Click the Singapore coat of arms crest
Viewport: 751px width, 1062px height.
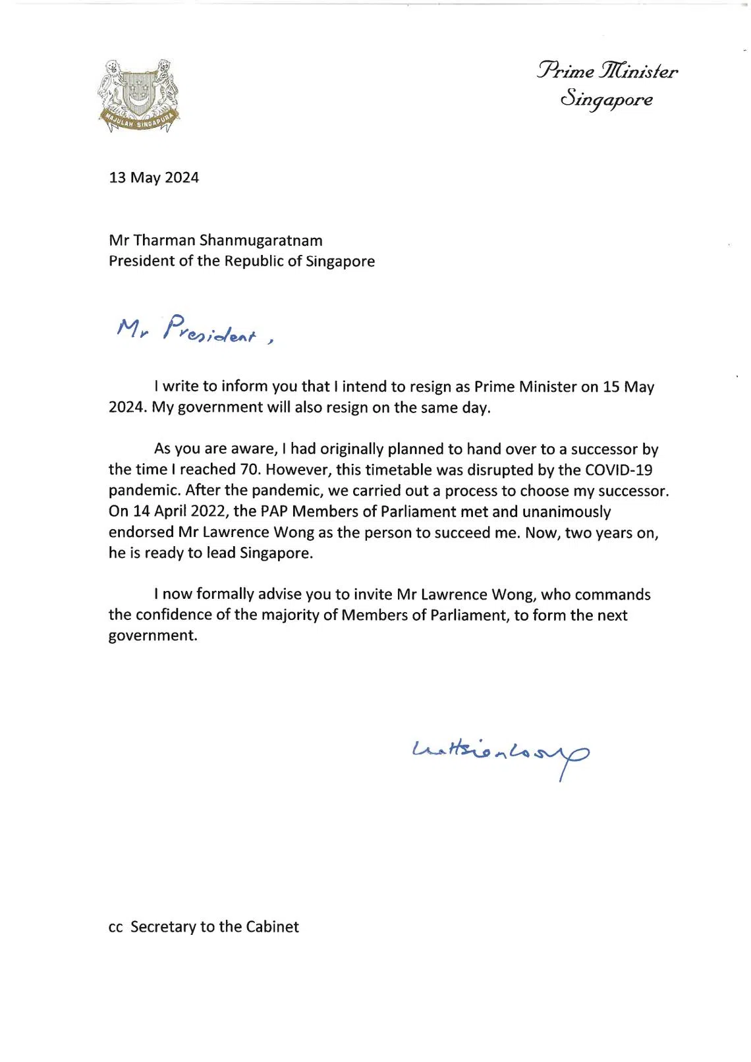coord(138,95)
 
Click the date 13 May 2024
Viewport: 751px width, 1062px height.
coord(153,178)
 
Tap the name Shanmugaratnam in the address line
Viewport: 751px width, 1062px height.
coord(261,240)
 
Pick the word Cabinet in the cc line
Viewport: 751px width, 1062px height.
coord(272,927)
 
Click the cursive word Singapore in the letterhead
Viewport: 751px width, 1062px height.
coord(606,100)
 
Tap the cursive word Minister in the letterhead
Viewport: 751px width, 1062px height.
coord(638,71)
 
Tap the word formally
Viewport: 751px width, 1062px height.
coord(225,594)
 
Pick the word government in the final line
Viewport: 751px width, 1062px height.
coord(153,636)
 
